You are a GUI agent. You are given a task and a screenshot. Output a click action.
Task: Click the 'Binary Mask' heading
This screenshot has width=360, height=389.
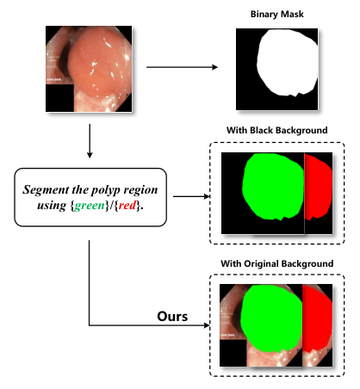point(276,14)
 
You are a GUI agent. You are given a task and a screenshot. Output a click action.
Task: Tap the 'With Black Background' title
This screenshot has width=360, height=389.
point(276,130)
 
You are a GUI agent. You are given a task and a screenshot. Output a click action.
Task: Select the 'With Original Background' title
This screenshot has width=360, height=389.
point(276,263)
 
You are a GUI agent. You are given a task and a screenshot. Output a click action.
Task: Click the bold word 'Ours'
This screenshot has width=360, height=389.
point(172,316)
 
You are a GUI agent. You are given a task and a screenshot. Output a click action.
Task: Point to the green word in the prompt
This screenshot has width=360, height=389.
point(90,206)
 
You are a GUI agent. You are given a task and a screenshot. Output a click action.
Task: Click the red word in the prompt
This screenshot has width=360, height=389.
point(127,205)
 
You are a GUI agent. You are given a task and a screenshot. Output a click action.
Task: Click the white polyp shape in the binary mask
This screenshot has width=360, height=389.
point(287,63)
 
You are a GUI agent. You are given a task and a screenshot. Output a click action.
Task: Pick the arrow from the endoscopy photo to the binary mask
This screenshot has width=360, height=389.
point(182,67)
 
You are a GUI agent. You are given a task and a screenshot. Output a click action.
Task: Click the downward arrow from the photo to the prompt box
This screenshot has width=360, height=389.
point(90,141)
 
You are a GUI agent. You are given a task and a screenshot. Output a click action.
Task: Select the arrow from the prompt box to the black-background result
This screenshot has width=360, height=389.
point(192,196)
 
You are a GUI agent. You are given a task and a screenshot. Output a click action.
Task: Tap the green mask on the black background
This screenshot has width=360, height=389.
point(273,187)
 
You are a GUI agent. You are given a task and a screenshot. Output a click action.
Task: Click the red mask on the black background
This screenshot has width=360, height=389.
point(318,187)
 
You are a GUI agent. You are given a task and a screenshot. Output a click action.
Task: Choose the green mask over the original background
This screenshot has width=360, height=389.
point(271,318)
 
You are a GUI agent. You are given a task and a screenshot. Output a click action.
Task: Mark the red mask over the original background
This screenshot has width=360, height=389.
point(317,318)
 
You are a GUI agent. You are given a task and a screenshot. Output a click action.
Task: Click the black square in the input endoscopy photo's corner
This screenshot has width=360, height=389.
point(59,98)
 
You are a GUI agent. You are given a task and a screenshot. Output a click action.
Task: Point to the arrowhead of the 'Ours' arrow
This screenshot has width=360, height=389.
point(207,325)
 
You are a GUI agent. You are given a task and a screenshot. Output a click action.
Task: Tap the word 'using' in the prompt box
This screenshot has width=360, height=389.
point(52,206)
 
